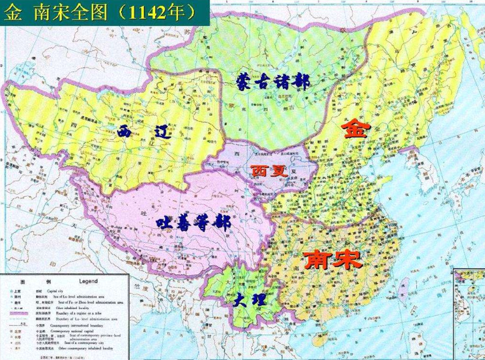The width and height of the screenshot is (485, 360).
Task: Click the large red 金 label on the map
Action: [x=355, y=128]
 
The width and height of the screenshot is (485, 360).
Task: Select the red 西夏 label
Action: [x=270, y=171]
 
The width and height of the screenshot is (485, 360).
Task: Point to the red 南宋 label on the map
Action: [x=332, y=260]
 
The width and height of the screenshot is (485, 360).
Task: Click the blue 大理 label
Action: [x=249, y=300]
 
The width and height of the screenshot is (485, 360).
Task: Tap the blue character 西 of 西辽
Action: [x=126, y=130]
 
